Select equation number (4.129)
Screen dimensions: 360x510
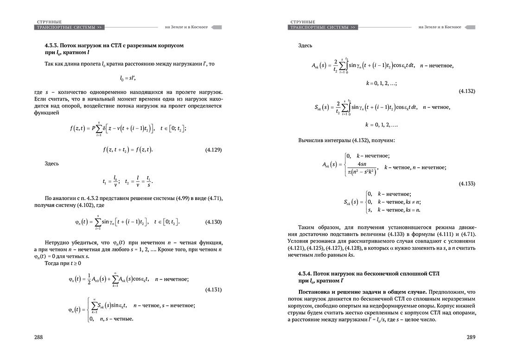[x=213, y=150]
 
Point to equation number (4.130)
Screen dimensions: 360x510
[x=213, y=222]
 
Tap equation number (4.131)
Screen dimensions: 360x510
[x=213, y=290]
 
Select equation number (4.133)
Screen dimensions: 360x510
[x=466, y=184]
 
